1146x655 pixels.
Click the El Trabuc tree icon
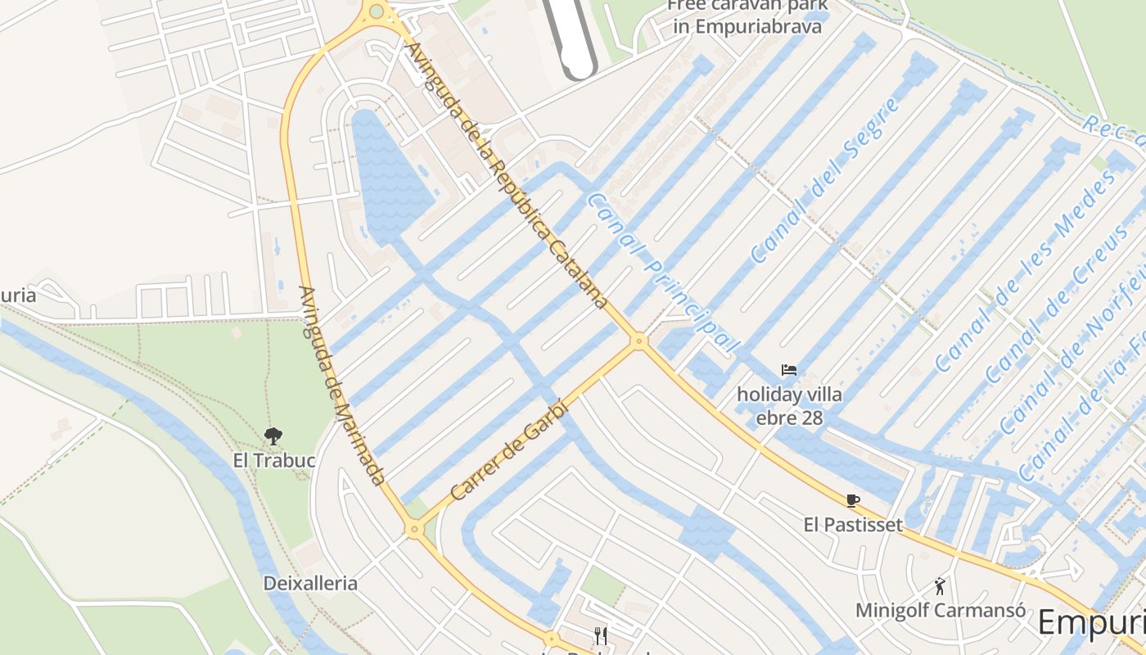pyautogui.click(x=273, y=436)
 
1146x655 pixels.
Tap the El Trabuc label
pyautogui.click(x=273, y=461)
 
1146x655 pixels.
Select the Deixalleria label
pyautogui.click(x=310, y=584)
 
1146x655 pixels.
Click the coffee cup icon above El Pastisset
pyautogui.click(x=853, y=500)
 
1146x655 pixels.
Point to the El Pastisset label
pyautogui.click(x=853, y=525)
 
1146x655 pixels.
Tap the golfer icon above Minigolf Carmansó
pyautogui.click(x=941, y=586)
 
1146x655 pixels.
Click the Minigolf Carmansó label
pyautogui.click(x=941, y=611)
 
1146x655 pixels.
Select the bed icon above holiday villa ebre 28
pyautogui.click(x=789, y=370)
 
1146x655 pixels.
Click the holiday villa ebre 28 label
pyautogui.click(x=789, y=406)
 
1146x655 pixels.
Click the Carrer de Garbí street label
pyautogui.click(x=508, y=450)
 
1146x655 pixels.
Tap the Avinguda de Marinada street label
pyautogui.click(x=341, y=385)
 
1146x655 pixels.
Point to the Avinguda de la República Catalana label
pyautogui.click(x=508, y=176)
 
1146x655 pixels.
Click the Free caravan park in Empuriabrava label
pyautogui.click(x=746, y=16)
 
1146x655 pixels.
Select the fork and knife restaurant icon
pyautogui.click(x=601, y=635)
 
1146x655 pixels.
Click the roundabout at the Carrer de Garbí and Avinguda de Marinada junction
pyautogui.click(x=414, y=530)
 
